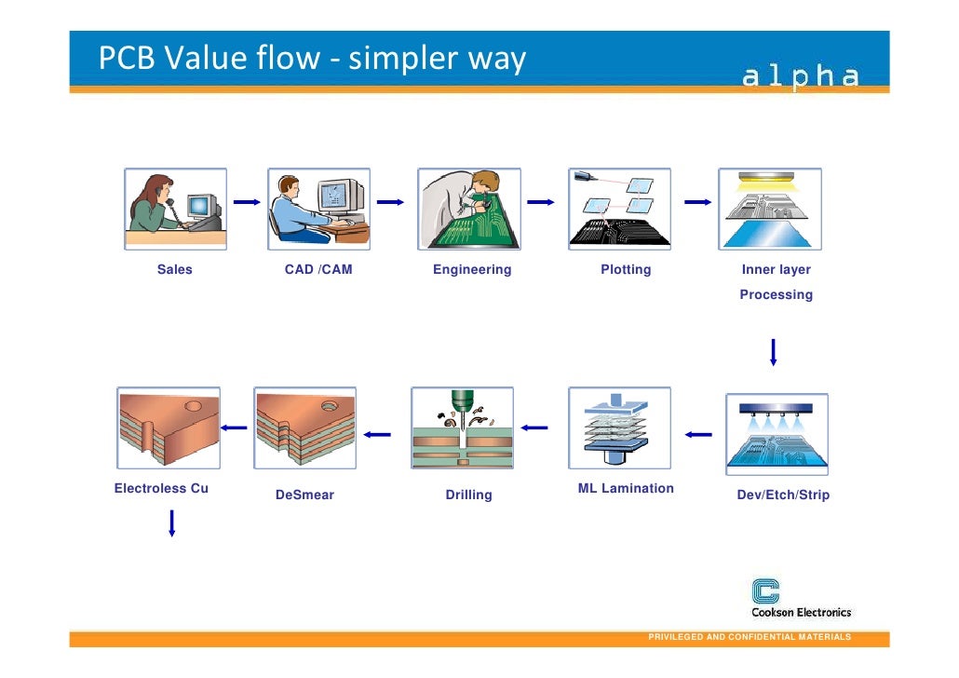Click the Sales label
click(174, 270)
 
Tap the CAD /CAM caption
click(318, 270)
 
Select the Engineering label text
click(472, 270)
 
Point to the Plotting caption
click(626, 270)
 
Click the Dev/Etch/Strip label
click(782, 495)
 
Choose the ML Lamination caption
click(626, 488)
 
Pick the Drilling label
click(468, 495)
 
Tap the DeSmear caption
click(304, 495)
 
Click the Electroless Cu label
click(161, 488)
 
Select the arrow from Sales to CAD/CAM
click(247, 201)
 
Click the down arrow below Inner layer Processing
click(773, 353)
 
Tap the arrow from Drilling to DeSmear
click(377, 433)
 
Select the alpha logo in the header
click(800, 77)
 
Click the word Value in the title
click(199, 60)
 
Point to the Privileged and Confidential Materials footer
click(749, 637)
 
